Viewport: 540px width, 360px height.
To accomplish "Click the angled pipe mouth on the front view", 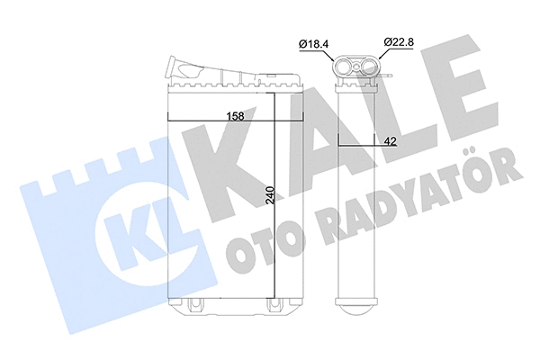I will coord(172,68).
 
